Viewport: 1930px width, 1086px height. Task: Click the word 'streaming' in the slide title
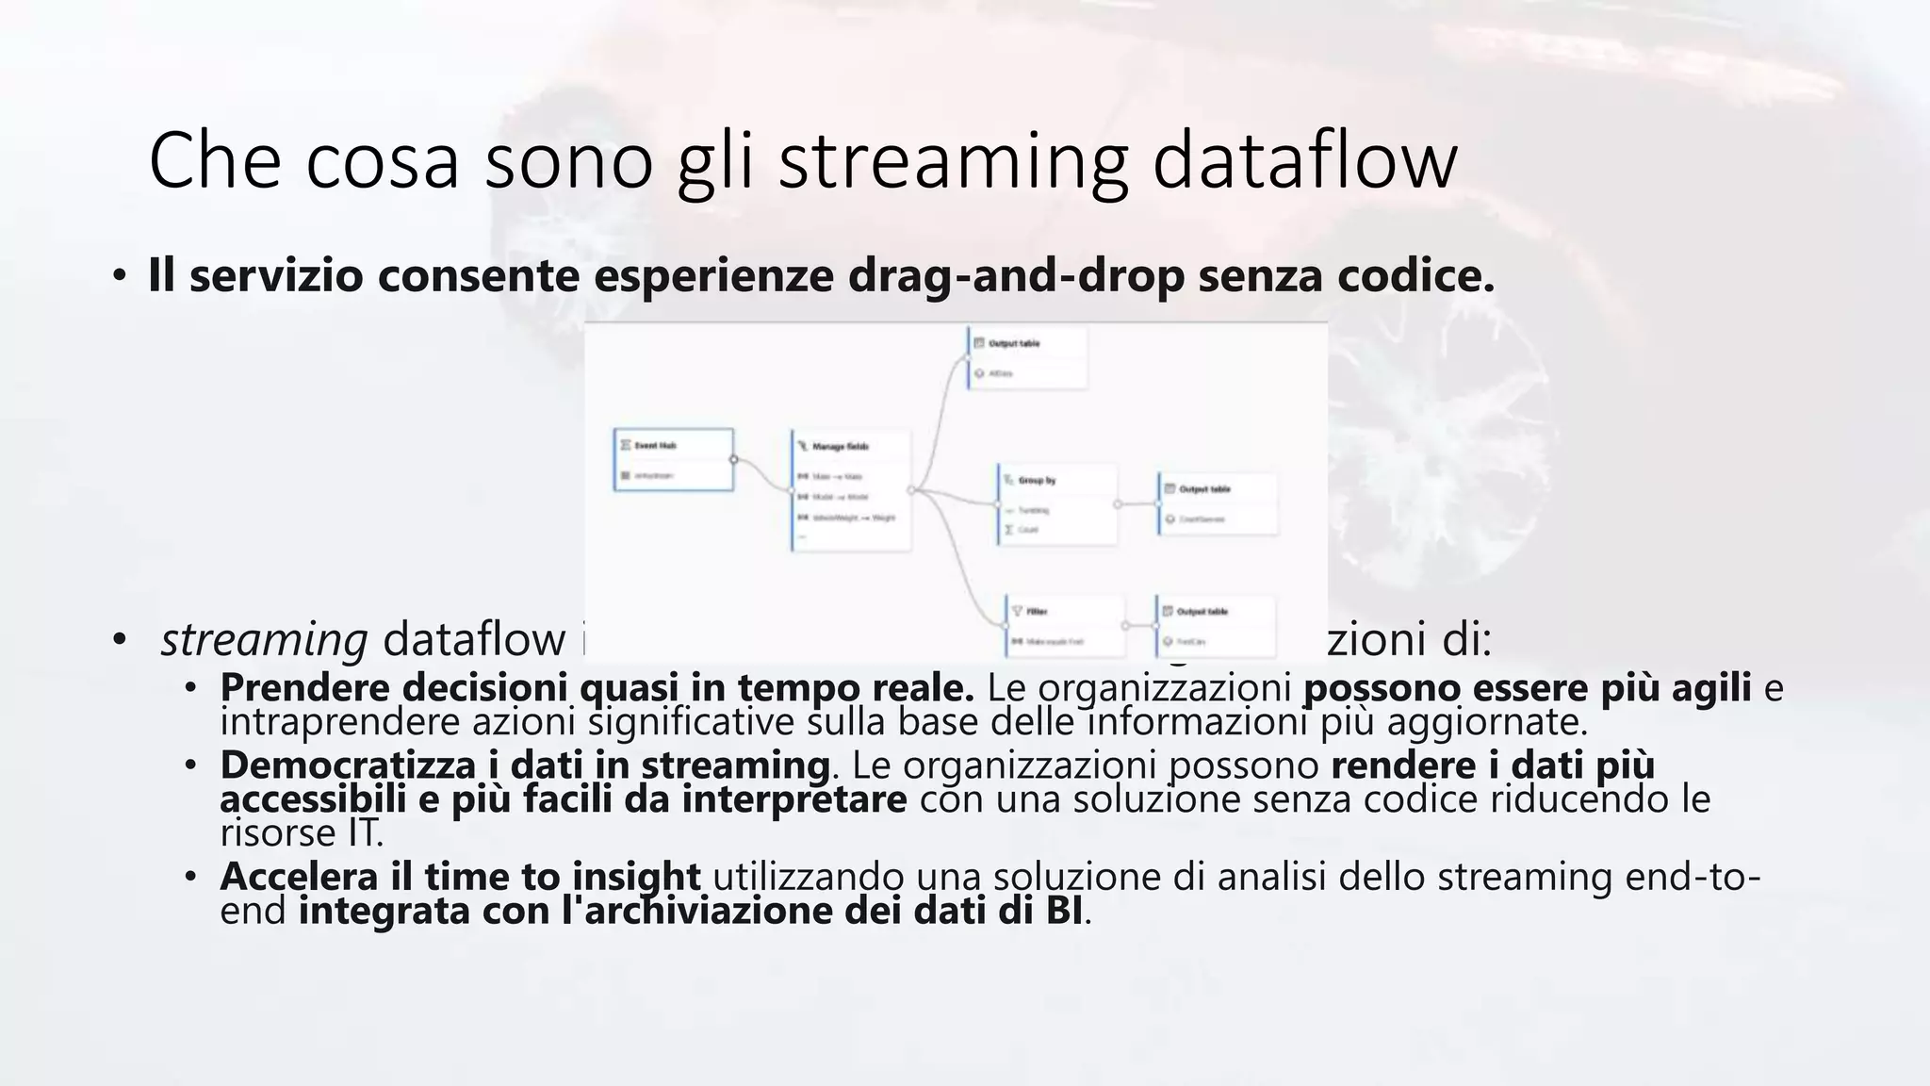point(952,162)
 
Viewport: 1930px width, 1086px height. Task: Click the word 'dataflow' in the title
point(1304,160)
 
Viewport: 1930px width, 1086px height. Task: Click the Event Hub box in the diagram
point(673,460)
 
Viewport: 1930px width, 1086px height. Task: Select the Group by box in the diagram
point(1057,503)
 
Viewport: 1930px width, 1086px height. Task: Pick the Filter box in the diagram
point(1065,625)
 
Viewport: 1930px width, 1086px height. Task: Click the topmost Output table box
point(1027,357)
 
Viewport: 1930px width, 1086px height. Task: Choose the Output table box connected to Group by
point(1218,503)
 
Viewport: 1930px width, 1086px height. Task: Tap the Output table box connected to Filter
point(1216,625)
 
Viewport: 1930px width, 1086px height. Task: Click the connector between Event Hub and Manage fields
point(761,474)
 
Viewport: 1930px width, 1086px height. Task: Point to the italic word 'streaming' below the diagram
point(264,639)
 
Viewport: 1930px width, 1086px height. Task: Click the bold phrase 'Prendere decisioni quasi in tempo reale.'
point(597,688)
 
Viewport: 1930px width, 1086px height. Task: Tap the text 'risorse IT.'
point(302,833)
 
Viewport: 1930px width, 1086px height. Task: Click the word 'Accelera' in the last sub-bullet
point(299,877)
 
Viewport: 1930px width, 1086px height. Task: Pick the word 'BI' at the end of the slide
point(1063,911)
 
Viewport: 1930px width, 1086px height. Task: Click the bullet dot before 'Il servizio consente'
point(119,276)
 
